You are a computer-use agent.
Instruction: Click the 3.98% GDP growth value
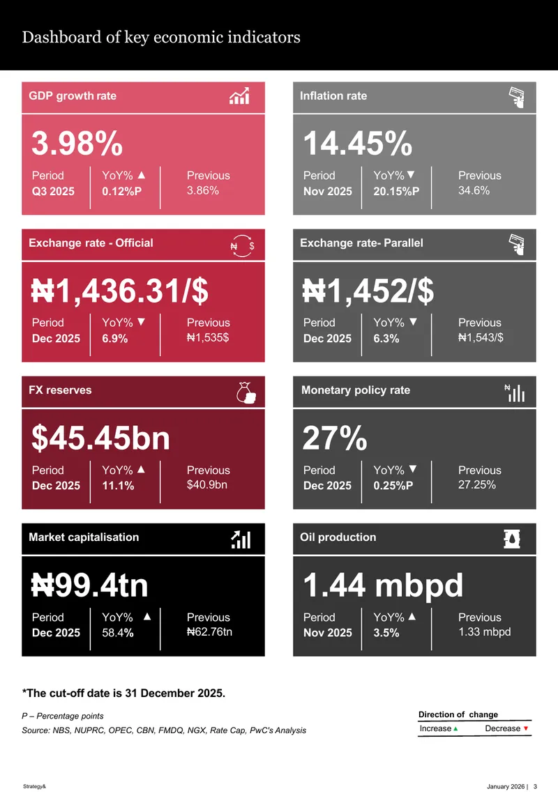77,144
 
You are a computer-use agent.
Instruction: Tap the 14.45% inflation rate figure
358,144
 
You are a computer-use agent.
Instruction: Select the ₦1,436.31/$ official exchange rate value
120,291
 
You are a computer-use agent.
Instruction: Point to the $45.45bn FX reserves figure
100,438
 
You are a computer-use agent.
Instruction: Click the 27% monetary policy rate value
335,438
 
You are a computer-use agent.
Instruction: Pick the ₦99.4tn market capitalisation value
90,585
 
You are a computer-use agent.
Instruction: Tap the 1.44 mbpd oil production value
383,585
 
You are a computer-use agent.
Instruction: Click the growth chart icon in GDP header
239,96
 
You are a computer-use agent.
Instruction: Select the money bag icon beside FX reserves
246,393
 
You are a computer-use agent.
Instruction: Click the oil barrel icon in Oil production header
512,539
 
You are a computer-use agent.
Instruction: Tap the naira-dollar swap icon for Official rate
243,246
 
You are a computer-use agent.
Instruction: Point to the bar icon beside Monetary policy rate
515,393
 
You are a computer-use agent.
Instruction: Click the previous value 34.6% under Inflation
474,190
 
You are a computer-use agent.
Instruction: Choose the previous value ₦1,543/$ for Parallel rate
481,337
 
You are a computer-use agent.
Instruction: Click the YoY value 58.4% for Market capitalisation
118,633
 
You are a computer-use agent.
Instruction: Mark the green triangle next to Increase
455,729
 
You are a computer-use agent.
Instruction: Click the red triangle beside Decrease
526,729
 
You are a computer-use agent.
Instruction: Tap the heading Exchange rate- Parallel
361,243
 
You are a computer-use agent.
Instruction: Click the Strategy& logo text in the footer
34,786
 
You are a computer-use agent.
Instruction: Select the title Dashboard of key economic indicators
161,37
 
